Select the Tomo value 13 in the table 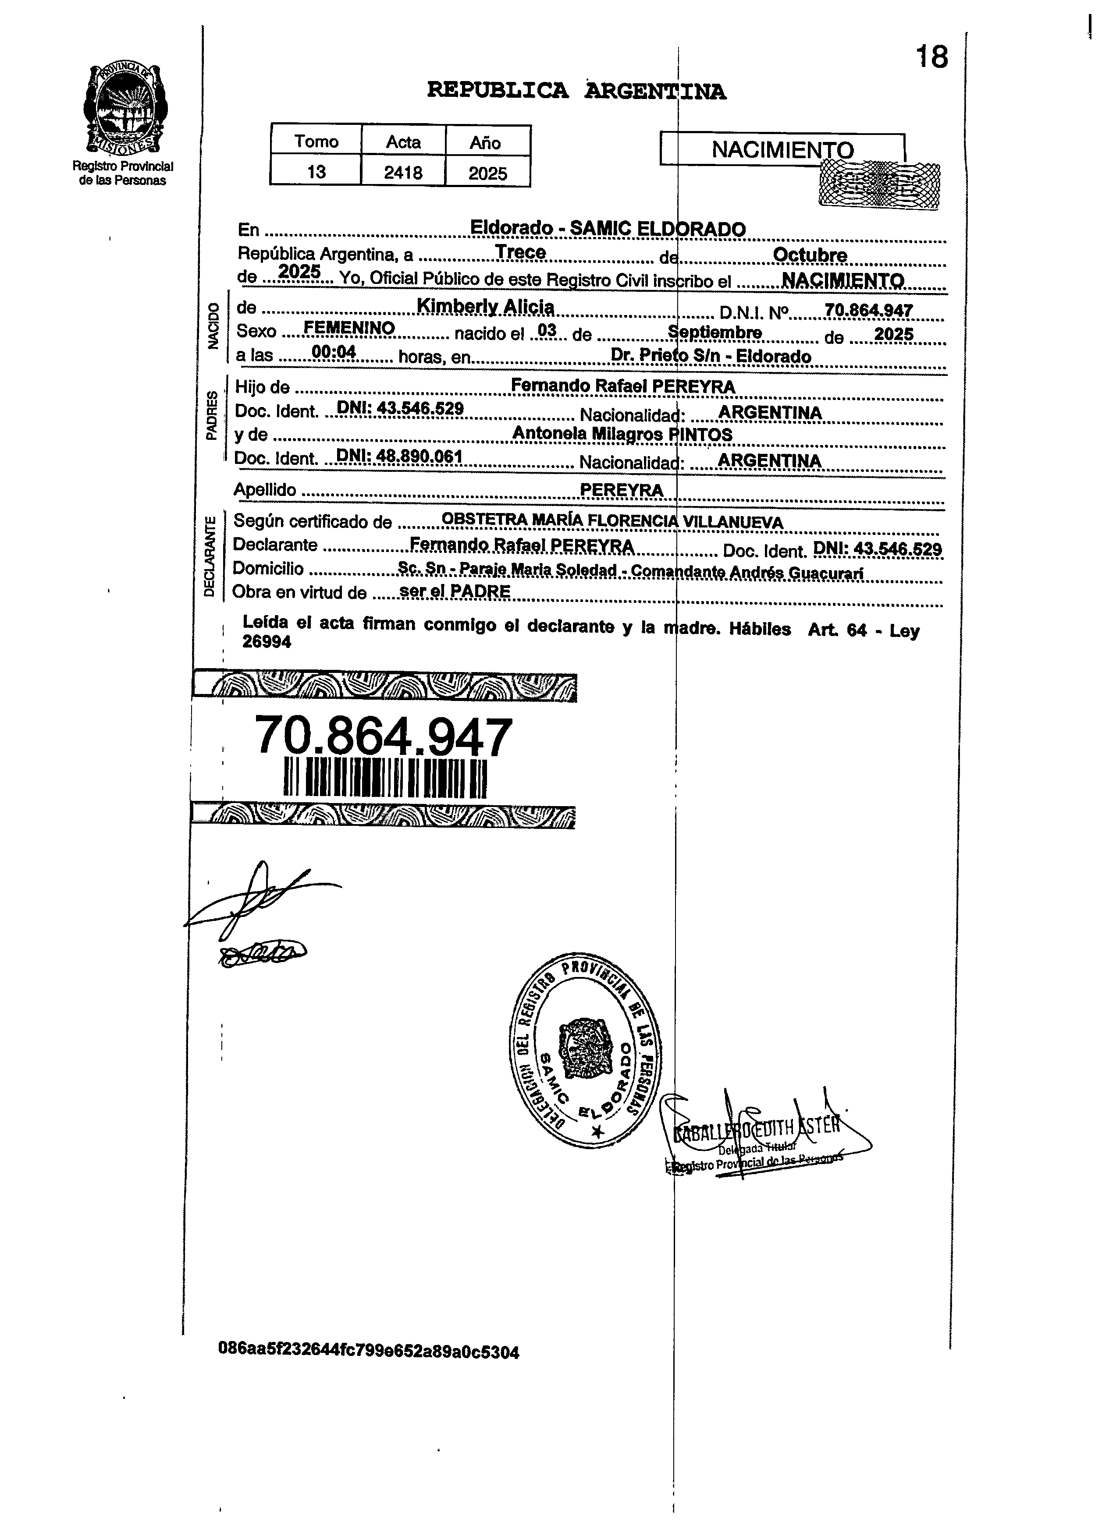[316, 172]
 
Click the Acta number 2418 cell [403, 173]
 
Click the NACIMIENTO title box [782, 149]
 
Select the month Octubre [809, 255]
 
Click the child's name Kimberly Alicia [486, 307]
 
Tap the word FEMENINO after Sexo [349, 328]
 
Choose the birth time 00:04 [334, 352]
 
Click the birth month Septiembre [715, 333]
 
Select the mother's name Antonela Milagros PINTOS [622, 434]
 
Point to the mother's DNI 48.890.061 [398, 457]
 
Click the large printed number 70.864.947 [383, 737]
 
